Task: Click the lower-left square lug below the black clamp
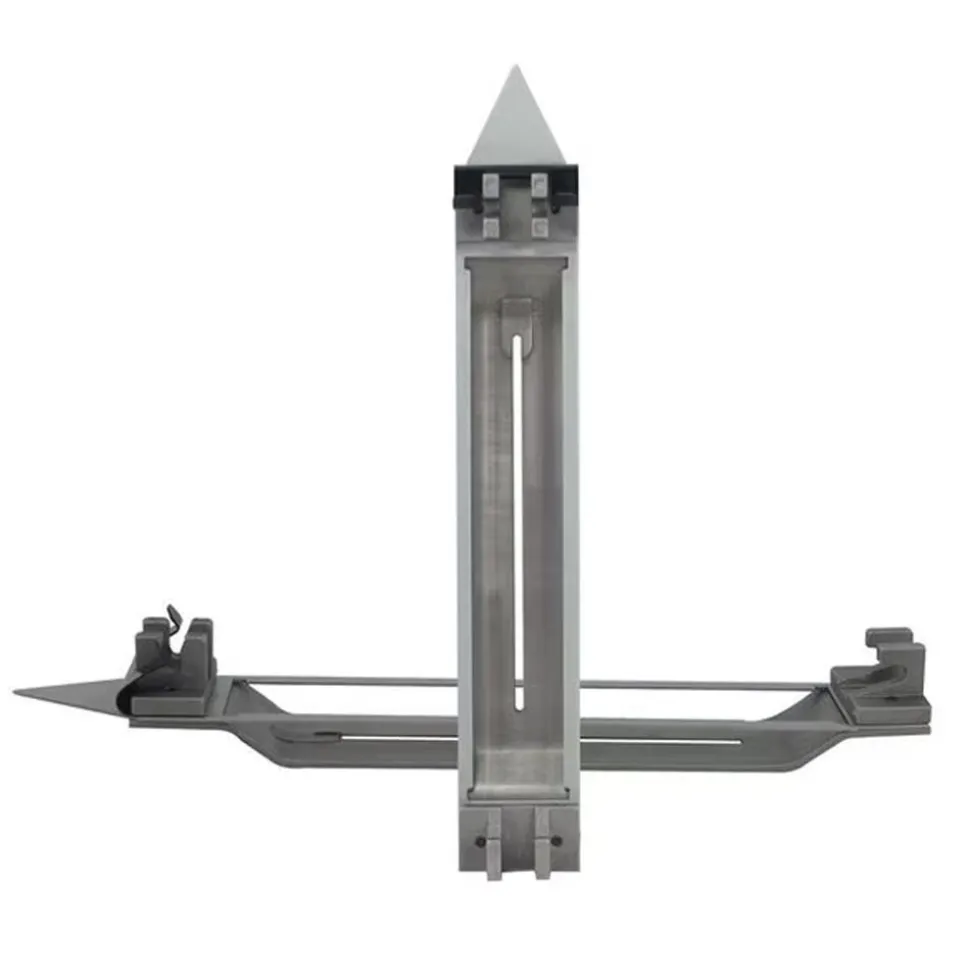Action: coord(491,227)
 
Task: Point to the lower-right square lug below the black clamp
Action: coord(539,227)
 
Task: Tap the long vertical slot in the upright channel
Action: coord(517,520)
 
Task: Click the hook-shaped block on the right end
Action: coord(885,675)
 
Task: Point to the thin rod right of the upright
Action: coord(700,685)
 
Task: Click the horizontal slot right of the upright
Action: coord(660,741)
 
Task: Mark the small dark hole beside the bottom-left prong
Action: coord(480,840)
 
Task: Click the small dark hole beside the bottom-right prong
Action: coord(556,840)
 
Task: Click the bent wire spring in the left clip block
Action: coord(174,624)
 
